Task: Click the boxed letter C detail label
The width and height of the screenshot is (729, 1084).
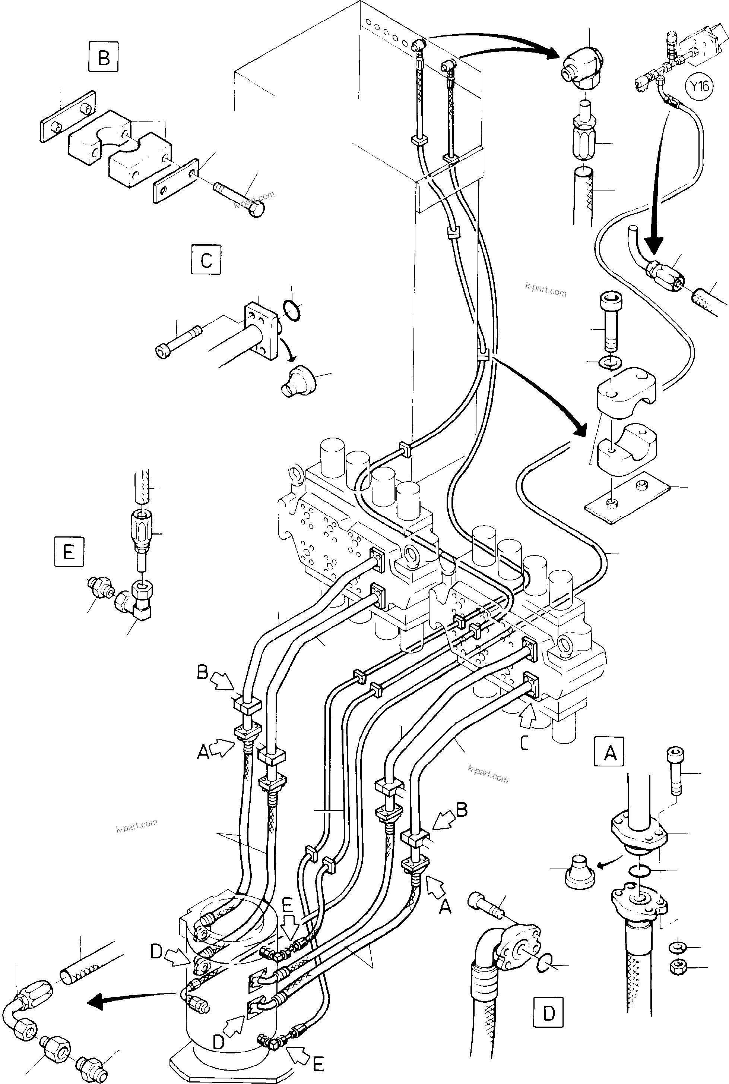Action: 206,260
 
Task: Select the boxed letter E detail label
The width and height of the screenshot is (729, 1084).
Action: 69,552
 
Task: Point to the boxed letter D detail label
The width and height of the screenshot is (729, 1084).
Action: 549,1010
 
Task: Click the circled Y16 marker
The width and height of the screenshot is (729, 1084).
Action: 699,86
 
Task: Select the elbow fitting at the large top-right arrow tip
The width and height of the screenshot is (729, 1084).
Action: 582,69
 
